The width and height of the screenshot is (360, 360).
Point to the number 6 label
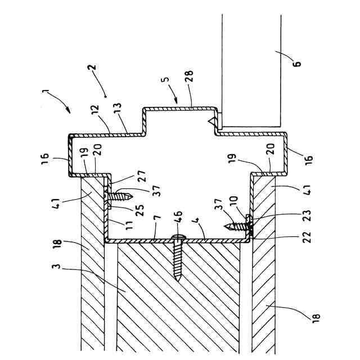pyautogui.click(x=297, y=61)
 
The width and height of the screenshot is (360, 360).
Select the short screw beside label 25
pyautogui.click(x=119, y=196)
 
